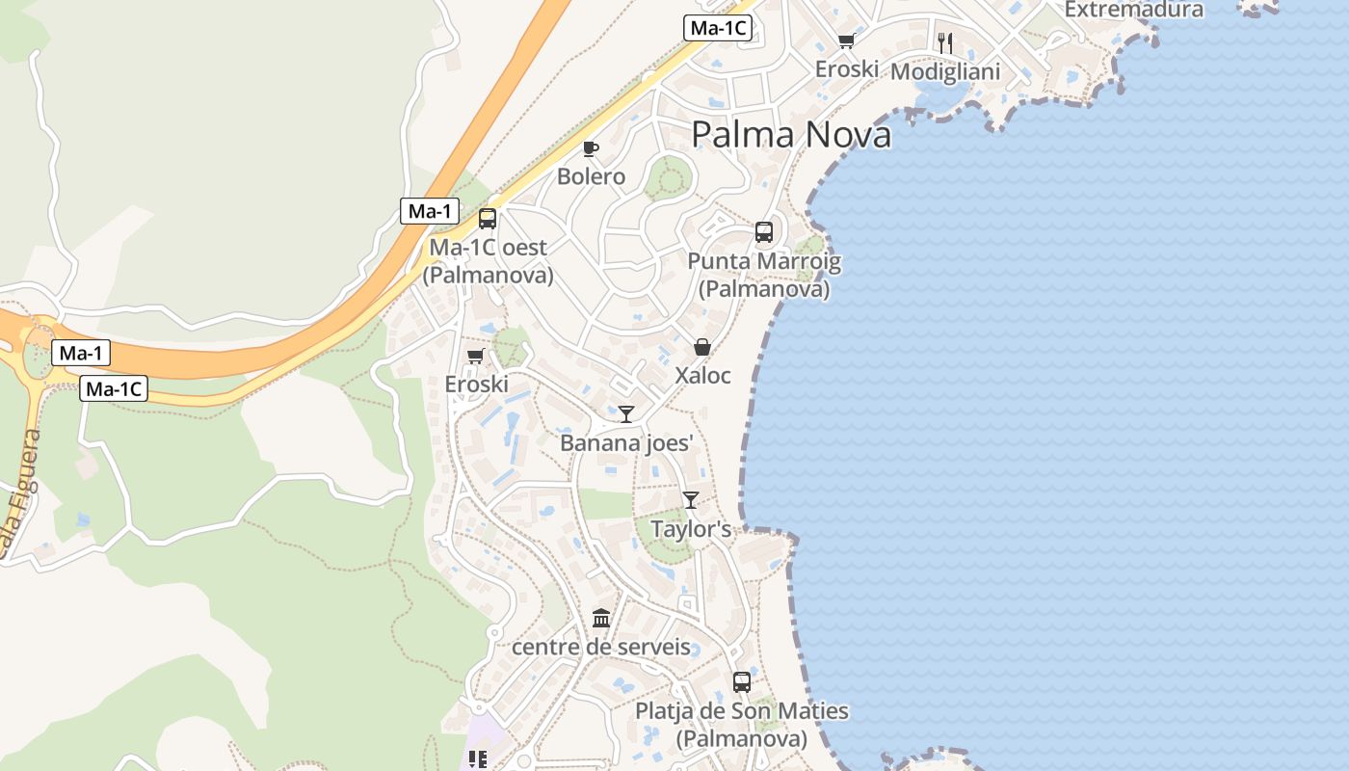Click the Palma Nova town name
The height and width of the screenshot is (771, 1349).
(x=791, y=135)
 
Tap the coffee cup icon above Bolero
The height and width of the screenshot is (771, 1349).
(x=591, y=148)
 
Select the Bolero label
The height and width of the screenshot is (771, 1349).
(x=591, y=176)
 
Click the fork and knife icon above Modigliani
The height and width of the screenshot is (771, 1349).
(x=945, y=42)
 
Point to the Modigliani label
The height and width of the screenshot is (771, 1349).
(x=945, y=71)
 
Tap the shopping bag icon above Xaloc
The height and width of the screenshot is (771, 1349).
(x=702, y=347)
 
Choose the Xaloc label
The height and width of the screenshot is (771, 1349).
(x=702, y=375)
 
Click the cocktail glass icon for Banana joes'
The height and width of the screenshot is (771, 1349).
(x=626, y=414)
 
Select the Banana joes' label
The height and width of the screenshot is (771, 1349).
(x=626, y=442)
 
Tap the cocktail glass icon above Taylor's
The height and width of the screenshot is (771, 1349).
(x=691, y=499)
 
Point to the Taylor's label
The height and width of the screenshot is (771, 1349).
(x=691, y=529)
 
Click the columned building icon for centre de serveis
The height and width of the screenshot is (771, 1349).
(x=601, y=618)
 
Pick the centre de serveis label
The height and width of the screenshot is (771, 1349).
(x=601, y=646)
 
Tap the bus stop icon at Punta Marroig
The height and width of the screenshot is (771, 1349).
(x=764, y=232)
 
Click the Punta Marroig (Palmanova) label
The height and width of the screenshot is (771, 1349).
(x=764, y=275)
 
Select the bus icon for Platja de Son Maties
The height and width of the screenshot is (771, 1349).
(x=741, y=682)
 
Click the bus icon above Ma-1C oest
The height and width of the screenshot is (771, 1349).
(x=488, y=218)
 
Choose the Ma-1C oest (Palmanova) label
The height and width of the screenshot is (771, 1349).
(x=488, y=260)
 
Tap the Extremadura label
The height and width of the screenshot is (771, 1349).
(x=1134, y=10)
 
